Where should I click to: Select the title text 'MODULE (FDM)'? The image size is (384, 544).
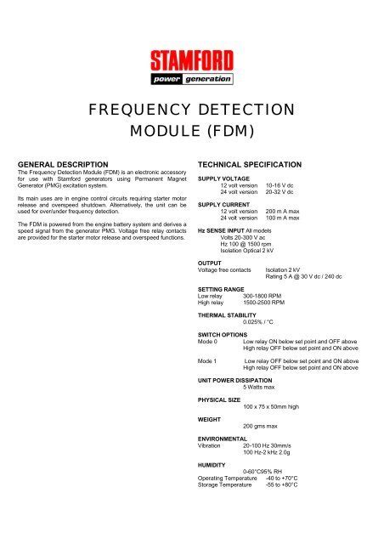pyautogui.click(x=192, y=134)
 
